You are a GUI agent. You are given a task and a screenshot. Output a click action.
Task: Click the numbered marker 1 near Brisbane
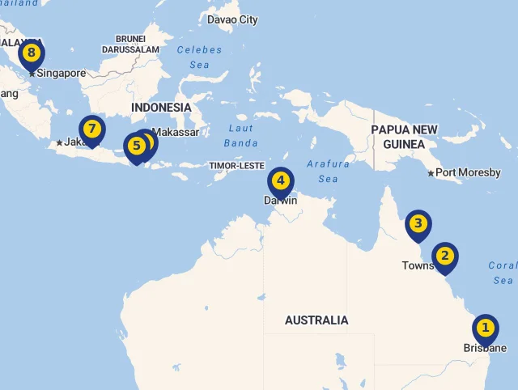(x=485, y=329)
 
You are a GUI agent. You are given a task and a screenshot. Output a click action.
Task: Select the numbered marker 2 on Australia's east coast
(x=444, y=256)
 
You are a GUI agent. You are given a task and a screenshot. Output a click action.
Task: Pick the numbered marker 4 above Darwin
(x=280, y=180)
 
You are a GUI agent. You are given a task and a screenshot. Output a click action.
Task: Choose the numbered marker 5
(x=136, y=146)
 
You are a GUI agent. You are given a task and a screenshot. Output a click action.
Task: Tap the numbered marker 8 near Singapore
(x=31, y=54)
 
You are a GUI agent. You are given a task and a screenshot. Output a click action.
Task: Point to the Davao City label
(x=232, y=19)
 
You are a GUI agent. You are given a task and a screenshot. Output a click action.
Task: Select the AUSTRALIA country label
(x=316, y=320)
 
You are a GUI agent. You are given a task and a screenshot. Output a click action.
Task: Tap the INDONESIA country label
(x=161, y=108)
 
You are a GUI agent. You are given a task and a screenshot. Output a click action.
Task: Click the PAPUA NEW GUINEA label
(x=404, y=137)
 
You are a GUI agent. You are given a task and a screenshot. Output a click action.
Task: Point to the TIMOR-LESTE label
(x=236, y=166)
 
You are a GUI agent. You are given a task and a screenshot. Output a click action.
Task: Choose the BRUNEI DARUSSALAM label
(x=130, y=44)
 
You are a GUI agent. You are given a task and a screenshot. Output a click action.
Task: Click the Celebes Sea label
(x=199, y=57)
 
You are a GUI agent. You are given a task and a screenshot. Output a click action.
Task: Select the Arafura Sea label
(x=328, y=171)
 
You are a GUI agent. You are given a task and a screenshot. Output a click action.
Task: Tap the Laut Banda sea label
(x=241, y=135)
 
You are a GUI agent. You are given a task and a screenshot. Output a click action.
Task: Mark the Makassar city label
(x=175, y=132)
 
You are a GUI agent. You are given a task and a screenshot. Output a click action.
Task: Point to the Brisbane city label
(x=485, y=348)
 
